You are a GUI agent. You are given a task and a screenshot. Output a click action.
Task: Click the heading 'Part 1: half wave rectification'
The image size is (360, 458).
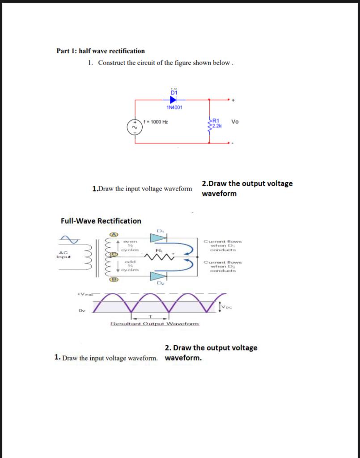(101, 51)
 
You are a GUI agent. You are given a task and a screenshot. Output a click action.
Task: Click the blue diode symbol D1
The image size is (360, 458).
(174, 99)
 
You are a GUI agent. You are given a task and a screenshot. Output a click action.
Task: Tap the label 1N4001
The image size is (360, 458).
(174, 107)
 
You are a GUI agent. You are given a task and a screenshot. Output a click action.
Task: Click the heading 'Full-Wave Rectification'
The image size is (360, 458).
(101, 221)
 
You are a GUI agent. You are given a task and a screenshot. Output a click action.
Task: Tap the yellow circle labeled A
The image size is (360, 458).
(114, 234)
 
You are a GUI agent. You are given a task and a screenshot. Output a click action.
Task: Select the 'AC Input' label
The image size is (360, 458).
(63, 254)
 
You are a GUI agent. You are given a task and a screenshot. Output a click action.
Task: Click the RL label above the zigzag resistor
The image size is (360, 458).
(159, 250)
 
